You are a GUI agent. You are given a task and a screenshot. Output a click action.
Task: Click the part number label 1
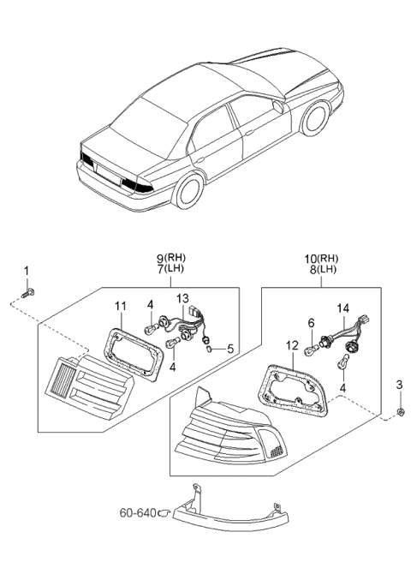click(x=26, y=271)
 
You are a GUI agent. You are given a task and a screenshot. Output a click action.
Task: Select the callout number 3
click(x=399, y=386)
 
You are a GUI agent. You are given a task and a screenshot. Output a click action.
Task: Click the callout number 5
click(x=228, y=349)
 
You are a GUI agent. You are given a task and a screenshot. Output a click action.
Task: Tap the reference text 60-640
click(x=139, y=514)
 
